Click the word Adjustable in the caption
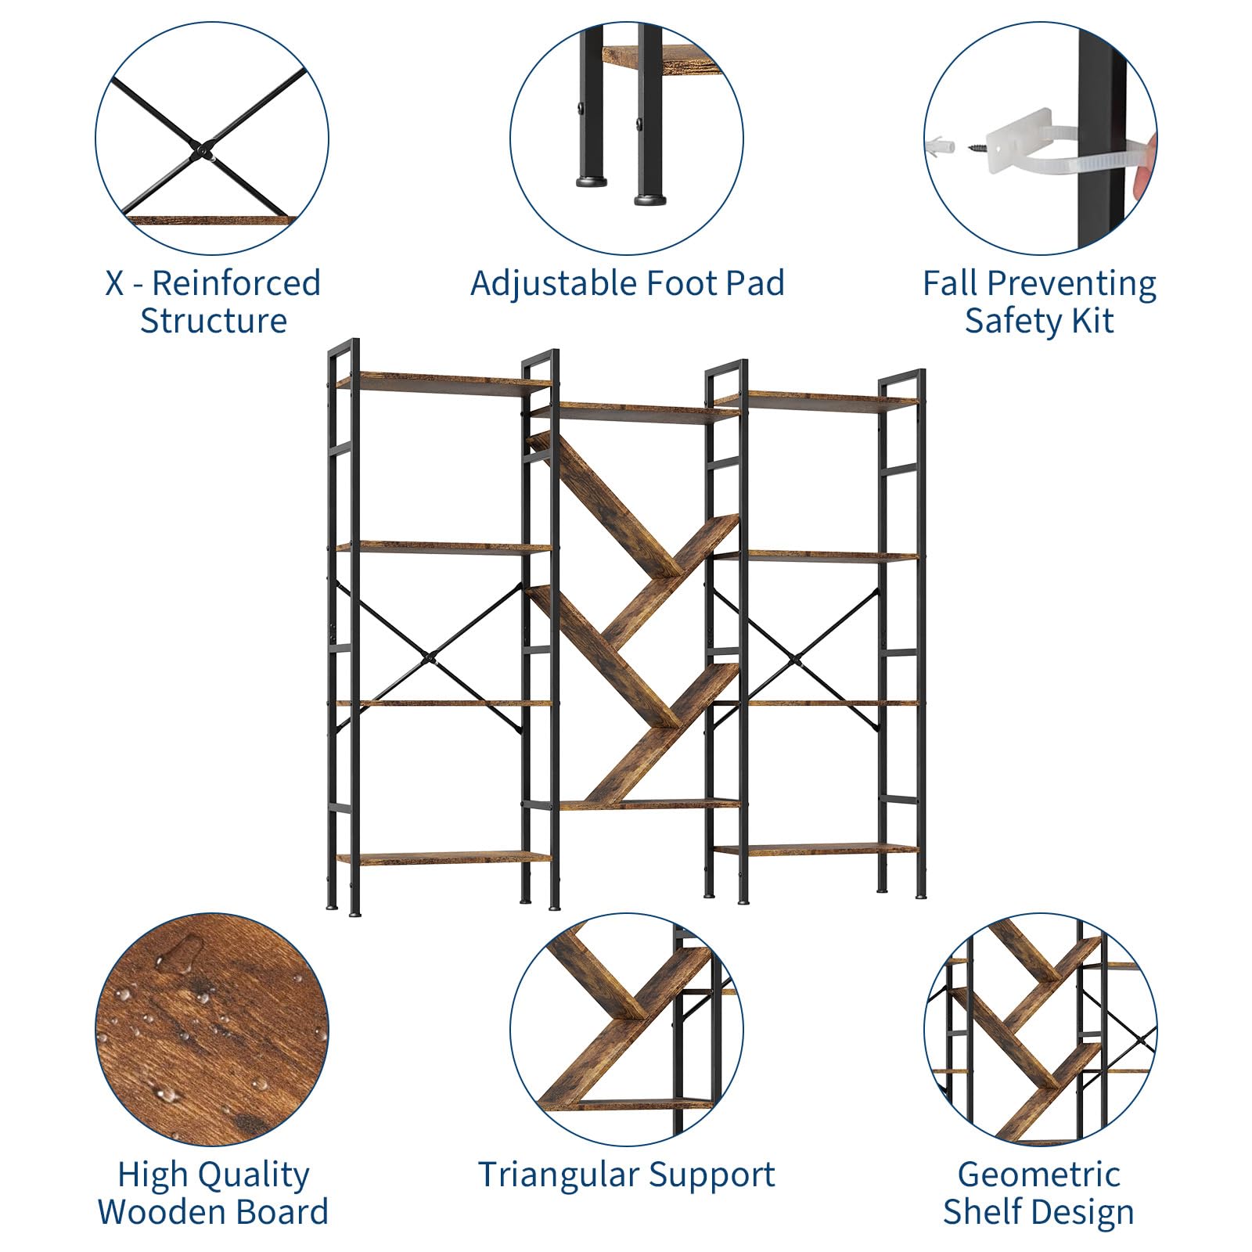542,284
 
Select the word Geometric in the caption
1038,1175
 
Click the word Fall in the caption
948,283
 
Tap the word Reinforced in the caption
236,283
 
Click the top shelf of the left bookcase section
444,383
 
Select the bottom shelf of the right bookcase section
815,849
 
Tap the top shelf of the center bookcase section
632,412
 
